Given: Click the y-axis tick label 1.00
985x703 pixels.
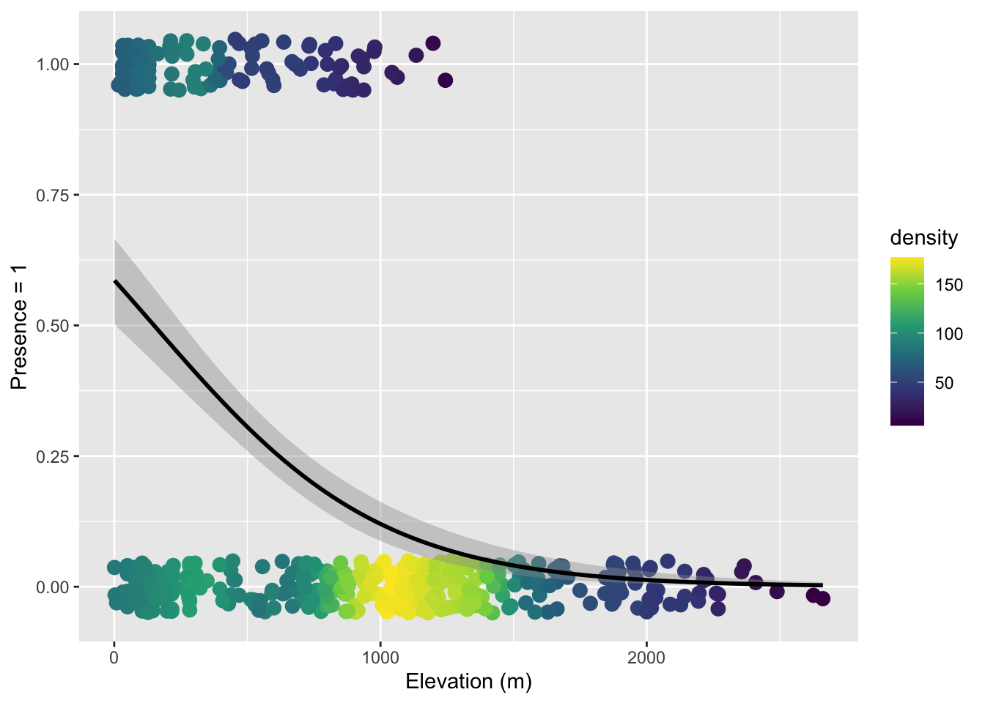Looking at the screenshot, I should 52,64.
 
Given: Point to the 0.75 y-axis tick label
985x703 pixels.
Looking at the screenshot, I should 52,195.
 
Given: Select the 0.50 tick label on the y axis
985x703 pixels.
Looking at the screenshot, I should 52,326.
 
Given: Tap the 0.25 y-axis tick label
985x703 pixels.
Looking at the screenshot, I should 52,456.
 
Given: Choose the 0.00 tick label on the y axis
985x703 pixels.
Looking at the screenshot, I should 52,587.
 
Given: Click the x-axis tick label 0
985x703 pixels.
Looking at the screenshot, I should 114,658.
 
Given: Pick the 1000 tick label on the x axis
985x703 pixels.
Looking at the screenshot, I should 380,658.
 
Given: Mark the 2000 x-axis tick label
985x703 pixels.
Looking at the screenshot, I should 647,658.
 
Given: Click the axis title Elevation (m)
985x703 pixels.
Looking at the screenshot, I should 468,682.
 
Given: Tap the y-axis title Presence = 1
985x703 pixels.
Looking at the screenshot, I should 19,326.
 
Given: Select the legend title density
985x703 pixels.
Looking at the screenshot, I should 923,238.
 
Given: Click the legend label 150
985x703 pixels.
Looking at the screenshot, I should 950,286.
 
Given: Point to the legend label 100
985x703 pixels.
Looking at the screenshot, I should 950,335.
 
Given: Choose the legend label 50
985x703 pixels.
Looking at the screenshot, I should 945,384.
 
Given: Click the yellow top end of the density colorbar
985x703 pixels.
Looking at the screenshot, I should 907,260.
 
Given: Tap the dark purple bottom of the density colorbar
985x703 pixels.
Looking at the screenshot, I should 907,422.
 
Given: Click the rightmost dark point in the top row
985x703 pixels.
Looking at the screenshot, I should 445,81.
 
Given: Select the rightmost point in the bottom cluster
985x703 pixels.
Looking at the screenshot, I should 823,599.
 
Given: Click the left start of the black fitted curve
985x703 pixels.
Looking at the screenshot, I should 115,280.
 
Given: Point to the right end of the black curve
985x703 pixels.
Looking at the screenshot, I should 822,585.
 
